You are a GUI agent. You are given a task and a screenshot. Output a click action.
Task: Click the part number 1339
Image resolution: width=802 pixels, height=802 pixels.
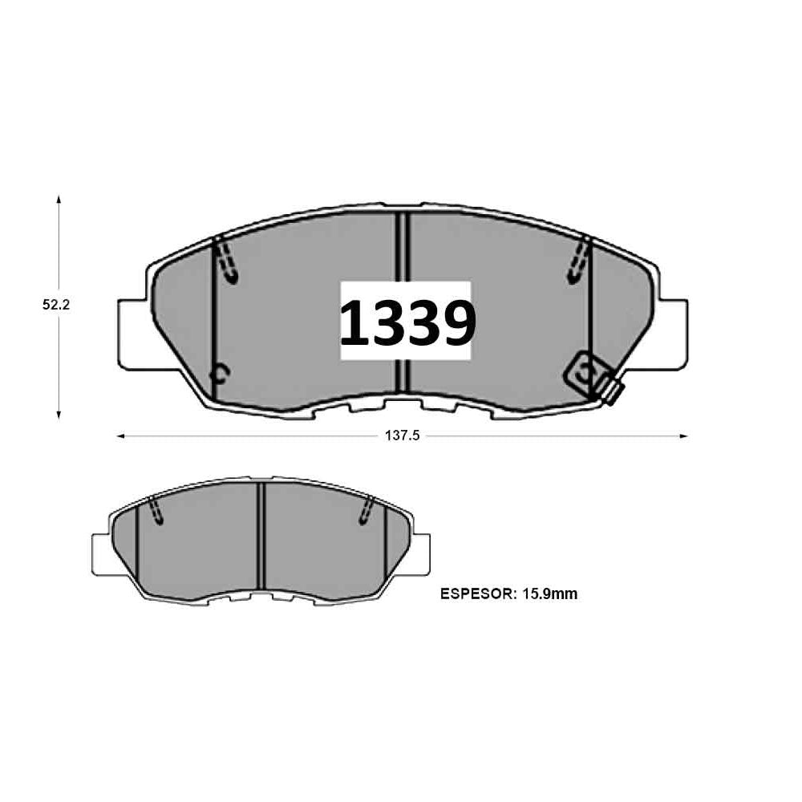pyautogui.click(x=407, y=322)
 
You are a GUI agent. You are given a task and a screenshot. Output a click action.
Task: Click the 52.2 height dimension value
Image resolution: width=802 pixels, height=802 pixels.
pyautogui.click(x=56, y=305)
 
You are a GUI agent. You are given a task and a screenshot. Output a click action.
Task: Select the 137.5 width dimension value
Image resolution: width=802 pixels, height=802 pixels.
pyautogui.click(x=402, y=435)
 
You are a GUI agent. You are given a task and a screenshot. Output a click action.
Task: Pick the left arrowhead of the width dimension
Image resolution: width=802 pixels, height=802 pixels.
pyautogui.click(x=122, y=436)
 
